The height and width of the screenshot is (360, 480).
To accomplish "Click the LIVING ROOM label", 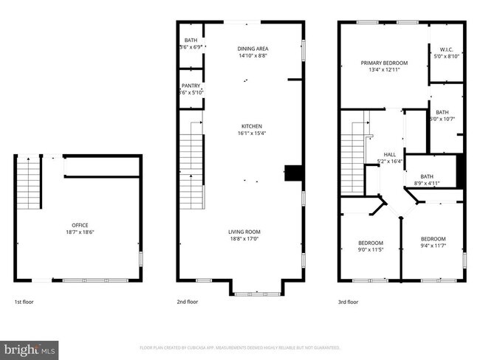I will [x=244, y=232].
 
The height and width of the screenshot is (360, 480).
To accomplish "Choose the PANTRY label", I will [x=191, y=86].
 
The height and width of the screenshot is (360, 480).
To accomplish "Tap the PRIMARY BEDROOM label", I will [x=384, y=63].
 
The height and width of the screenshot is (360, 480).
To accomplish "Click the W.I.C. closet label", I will [x=446, y=49].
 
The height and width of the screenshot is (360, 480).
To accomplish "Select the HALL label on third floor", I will [x=380, y=154].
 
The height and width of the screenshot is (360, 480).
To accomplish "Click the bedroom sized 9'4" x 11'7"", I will [x=433, y=243].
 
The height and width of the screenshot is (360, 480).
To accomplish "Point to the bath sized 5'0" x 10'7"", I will [x=442, y=116].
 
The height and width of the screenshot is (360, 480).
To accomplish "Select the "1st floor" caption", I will [x=24, y=302].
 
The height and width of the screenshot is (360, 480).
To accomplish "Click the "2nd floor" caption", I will [x=188, y=302].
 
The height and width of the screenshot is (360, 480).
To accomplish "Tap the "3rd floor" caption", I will [x=348, y=302].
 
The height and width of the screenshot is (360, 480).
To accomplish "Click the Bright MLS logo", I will [x=30, y=348].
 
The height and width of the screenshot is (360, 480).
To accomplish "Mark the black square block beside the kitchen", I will [x=294, y=173].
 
